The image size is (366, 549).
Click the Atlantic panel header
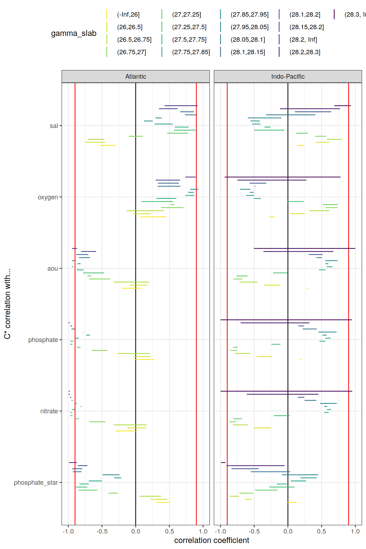(x=136, y=77)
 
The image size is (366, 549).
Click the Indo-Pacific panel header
(x=288, y=77)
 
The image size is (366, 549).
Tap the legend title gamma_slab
(x=74, y=33)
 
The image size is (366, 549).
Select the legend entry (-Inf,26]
(x=128, y=15)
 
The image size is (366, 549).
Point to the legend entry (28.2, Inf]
(x=303, y=40)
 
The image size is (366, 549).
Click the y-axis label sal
(x=54, y=126)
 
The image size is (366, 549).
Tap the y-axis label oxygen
(x=48, y=197)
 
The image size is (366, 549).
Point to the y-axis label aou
(x=53, y=269)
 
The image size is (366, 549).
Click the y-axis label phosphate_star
(x=36, y=483)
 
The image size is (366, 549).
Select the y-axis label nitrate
(x=49, y=411)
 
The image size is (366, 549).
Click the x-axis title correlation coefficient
(x=212, y=540)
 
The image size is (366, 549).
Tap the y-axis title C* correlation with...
(x=7, y=304)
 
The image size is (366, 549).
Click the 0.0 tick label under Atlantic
(x=136, y=531)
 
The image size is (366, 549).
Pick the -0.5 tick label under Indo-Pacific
(x=254, y=531)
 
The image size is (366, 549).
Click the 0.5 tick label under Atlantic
(x=169, y=531)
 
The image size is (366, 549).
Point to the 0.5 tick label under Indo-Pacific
(x=321, y=531)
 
